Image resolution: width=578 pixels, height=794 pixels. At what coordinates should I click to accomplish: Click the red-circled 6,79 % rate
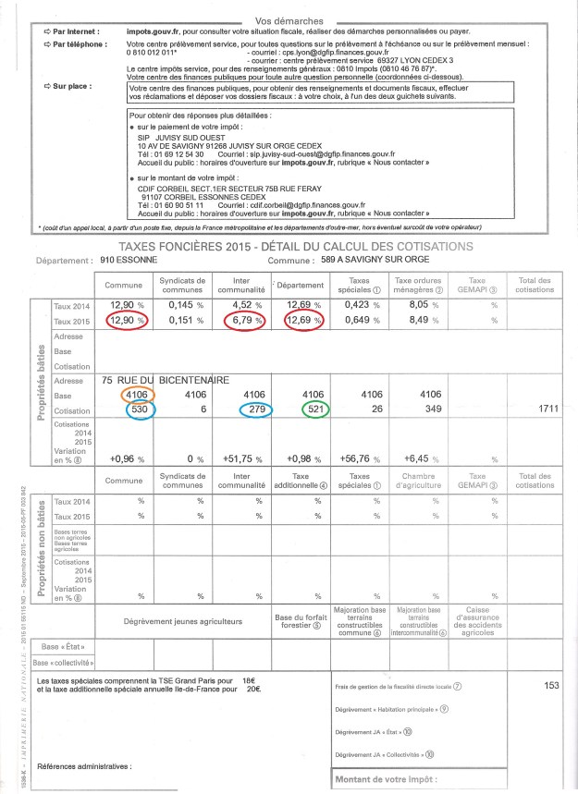tap(252, 321)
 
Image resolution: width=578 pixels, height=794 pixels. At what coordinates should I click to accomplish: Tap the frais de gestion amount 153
tap(553, 711)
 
